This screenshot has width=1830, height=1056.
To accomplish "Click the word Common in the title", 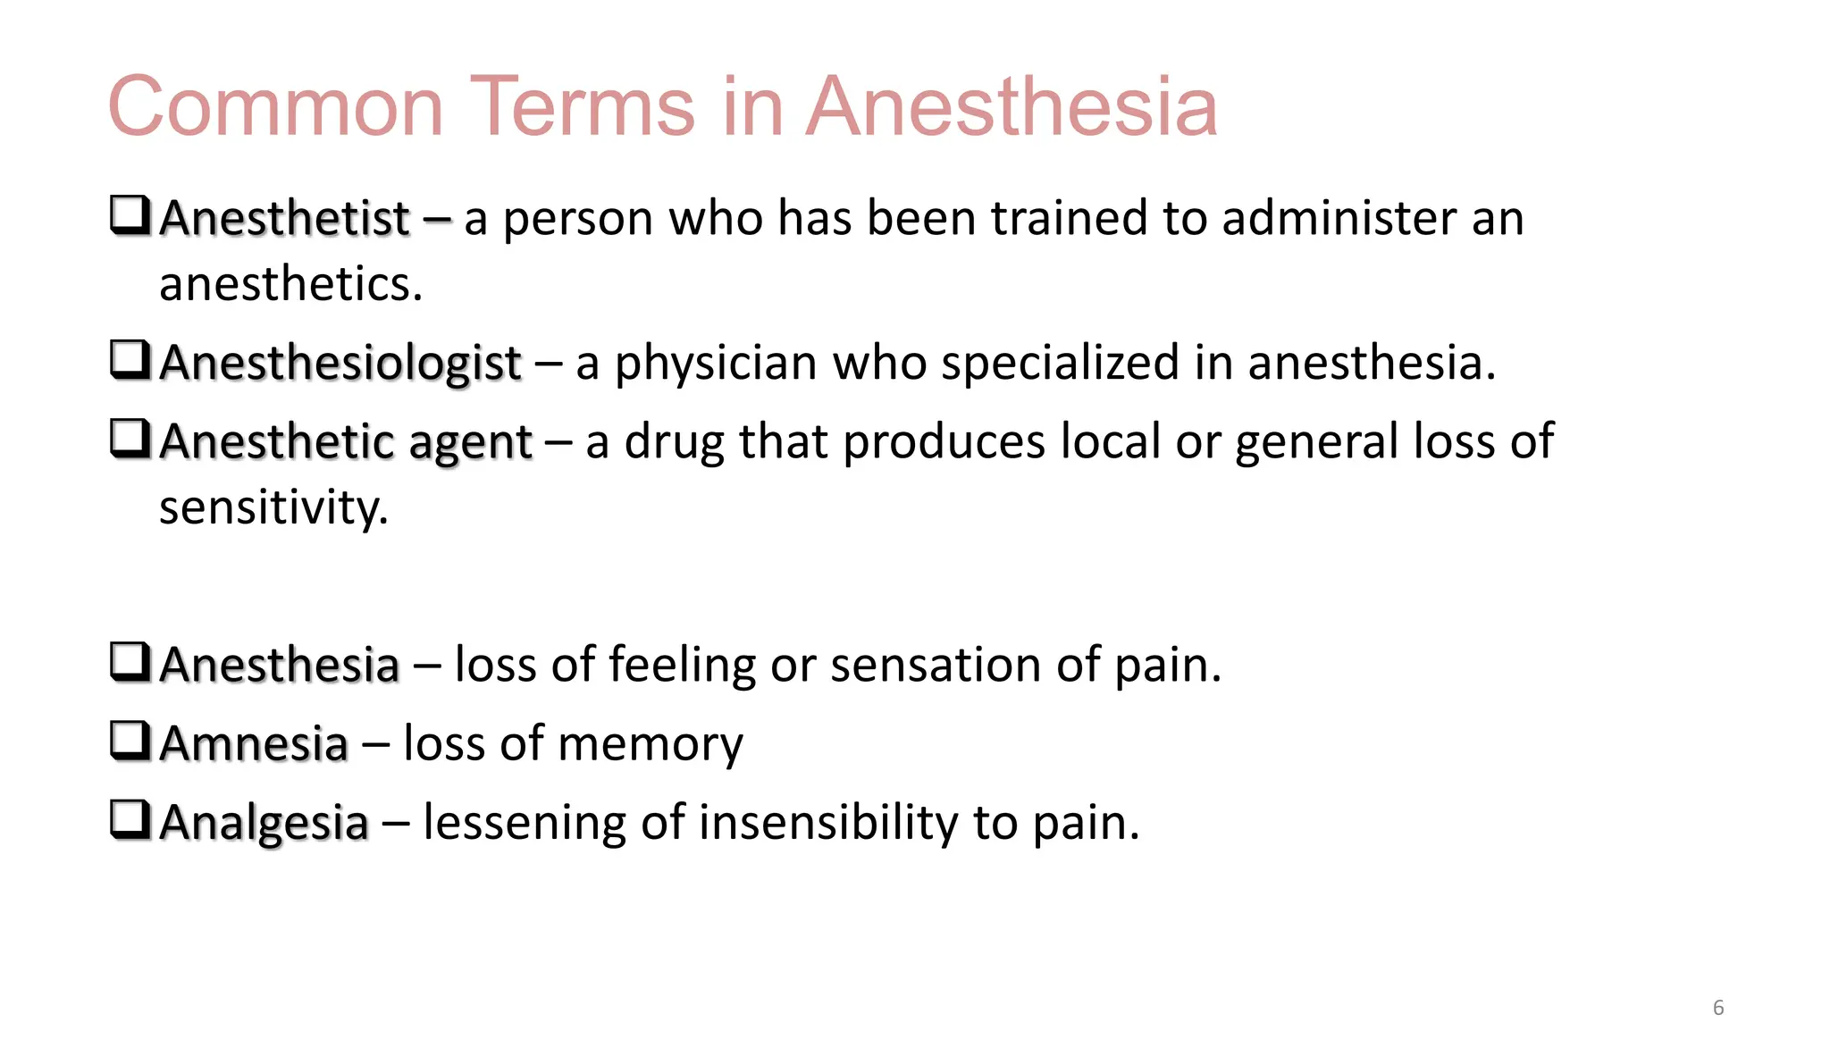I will (275, 107).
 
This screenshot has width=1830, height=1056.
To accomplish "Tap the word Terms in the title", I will (582, 107).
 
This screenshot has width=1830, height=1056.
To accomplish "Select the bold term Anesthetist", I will (284, 219).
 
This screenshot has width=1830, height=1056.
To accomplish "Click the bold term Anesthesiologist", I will (340, 364).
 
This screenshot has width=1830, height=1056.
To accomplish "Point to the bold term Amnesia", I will (254, 744).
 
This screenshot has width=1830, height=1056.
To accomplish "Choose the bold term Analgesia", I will (264, 823).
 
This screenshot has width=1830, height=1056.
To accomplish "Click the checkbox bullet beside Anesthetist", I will (130, 215).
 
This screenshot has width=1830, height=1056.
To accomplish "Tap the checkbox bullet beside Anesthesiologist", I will (130, 360).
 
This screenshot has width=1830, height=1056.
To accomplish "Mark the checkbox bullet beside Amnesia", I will (130, 741).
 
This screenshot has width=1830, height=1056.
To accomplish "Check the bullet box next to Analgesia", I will (130, 819).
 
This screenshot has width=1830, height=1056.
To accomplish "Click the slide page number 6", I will (1717, 1008).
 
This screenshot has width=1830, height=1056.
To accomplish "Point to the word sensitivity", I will (273, 507).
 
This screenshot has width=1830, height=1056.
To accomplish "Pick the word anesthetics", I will (290, 284).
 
